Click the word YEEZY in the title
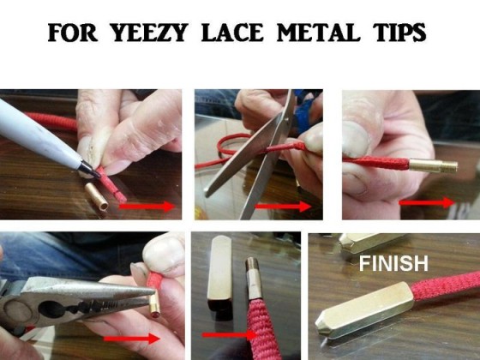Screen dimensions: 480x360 point(148,33)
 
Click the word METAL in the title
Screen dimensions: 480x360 point(318,33)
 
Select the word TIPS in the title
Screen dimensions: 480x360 point(399,33)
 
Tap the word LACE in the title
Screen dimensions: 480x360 point(232,33)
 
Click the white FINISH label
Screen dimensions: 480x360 point(393,264)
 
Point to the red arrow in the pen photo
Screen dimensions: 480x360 point(147,207)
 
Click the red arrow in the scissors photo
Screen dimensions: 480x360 point(283,207)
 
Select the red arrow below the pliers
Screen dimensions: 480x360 point(132,339)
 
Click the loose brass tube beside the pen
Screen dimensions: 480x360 point(96,196)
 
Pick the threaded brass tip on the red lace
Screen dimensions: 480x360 point(433,165)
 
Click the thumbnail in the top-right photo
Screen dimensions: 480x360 point(356,138)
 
